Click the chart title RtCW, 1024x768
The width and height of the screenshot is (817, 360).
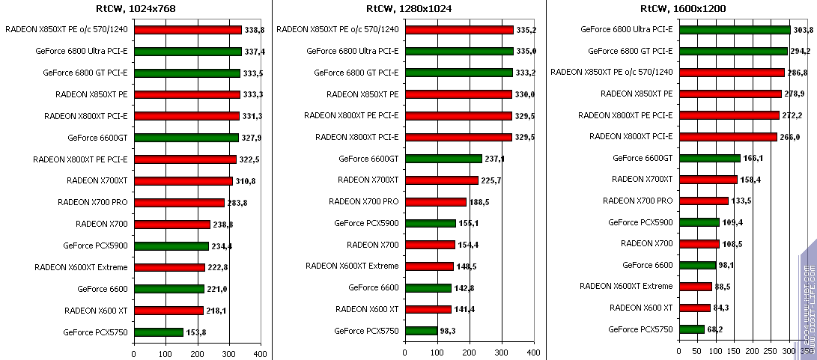[x=136, y=9]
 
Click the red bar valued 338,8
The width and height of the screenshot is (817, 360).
[x=187, y=30]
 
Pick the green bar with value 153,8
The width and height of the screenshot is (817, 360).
[x=159, y=332]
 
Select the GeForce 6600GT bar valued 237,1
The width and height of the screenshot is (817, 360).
[x=442, y=159]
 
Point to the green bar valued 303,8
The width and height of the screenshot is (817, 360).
[x=734, y=30]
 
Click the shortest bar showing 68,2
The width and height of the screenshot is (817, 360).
[x=691, y=329]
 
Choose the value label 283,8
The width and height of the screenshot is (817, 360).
[x=237, y=203]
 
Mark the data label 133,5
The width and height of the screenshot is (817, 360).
[x=742, y=201]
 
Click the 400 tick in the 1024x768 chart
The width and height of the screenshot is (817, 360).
[x=260, y=353]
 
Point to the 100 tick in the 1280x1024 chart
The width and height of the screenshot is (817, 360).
[x=436, y=353]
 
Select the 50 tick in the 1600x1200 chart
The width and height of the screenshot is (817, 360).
[x=697, y=351]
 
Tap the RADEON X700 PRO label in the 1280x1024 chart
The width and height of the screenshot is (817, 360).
[x=364, y=201]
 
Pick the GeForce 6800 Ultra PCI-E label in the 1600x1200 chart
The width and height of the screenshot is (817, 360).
[x=630, y=30]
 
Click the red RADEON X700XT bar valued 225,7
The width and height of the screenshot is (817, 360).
[x=440, y=180]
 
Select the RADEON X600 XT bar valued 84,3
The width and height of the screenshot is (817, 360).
[x=694, y=308]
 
